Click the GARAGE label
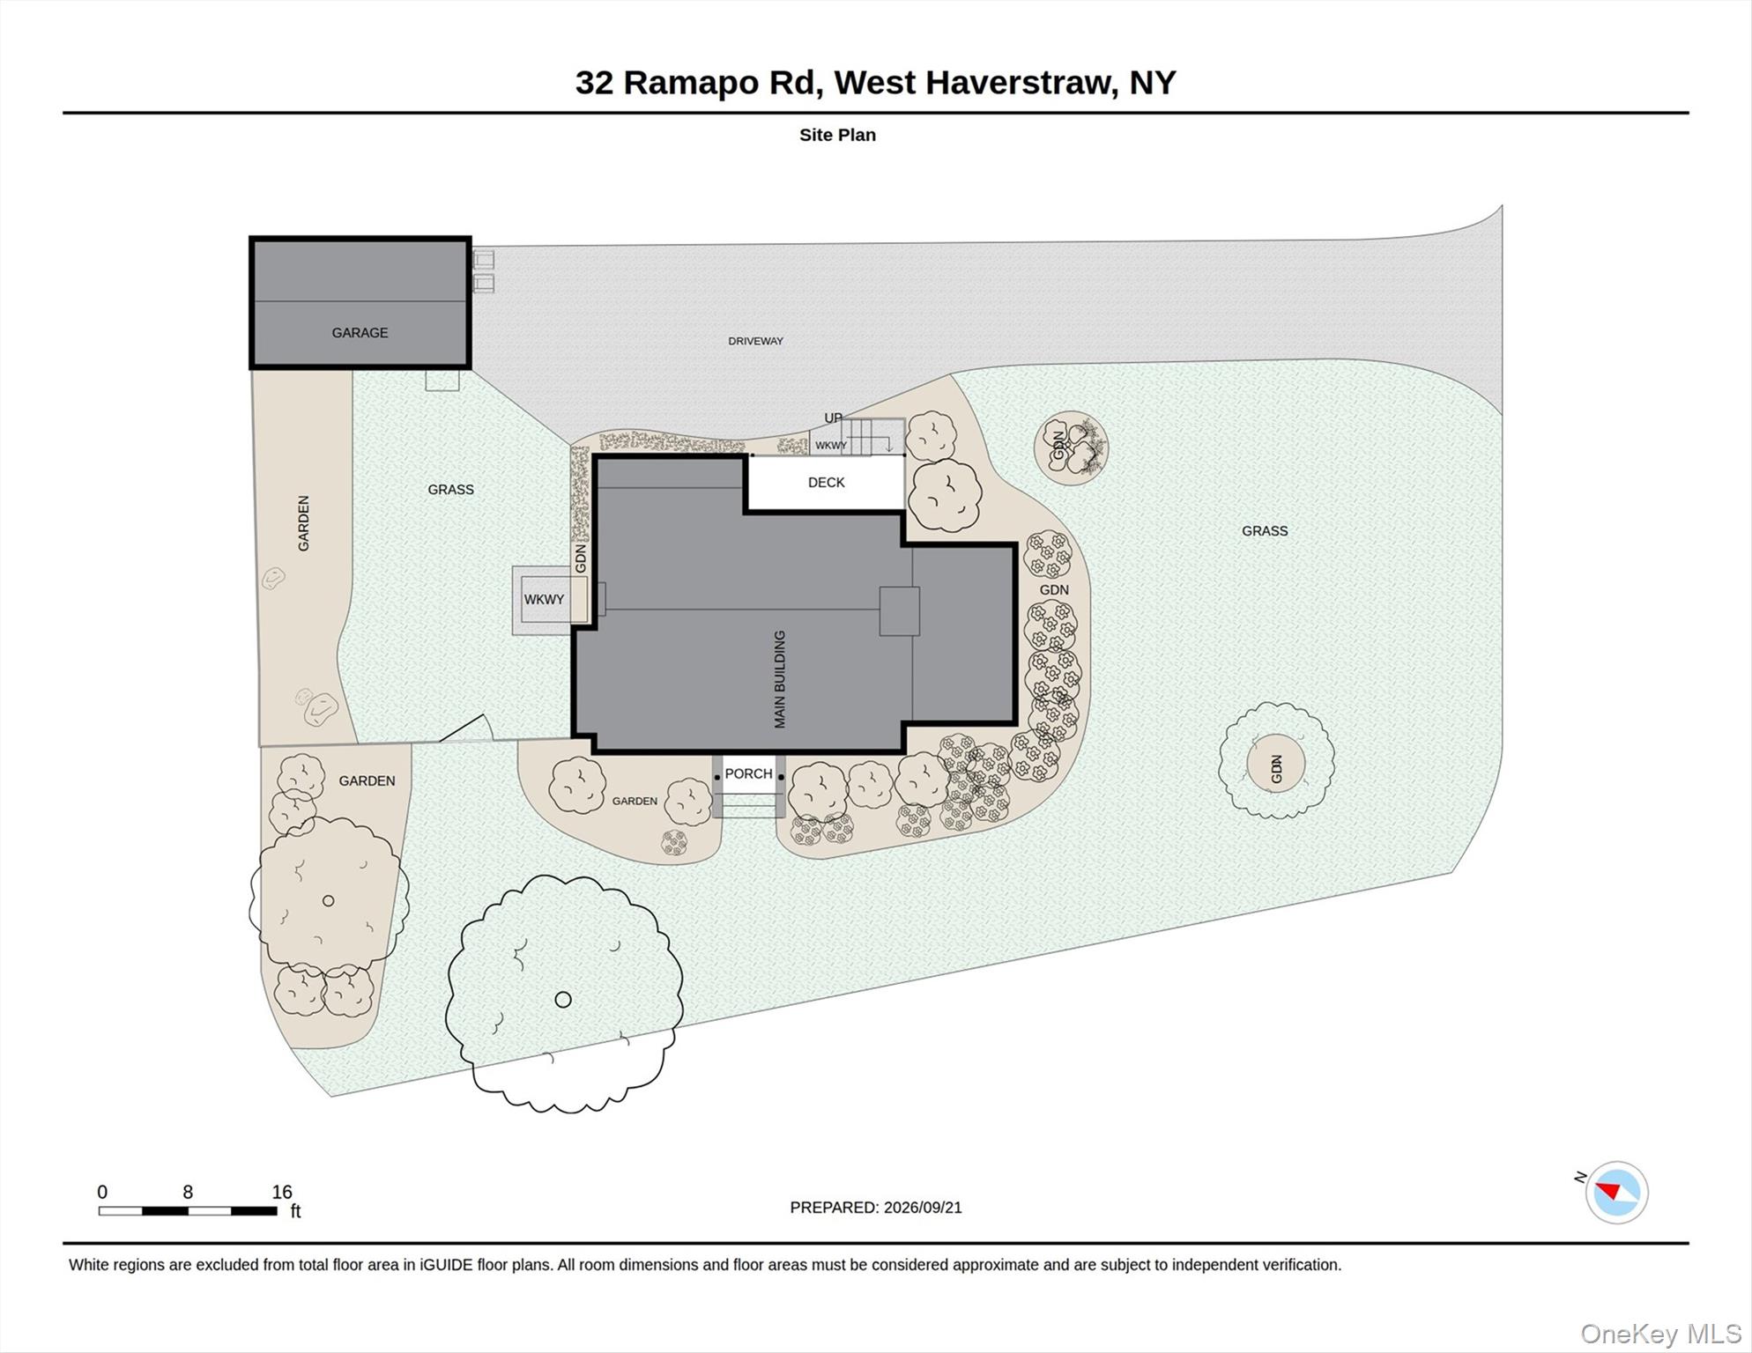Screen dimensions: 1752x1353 click(x=360, y=333)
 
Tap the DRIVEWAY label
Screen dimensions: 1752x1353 click(x=755, y=341)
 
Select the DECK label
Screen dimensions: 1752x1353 click(x=826, y=483)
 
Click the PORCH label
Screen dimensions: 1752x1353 click(x=748, y=773)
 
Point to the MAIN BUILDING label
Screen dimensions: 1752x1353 click(x=779, y=679)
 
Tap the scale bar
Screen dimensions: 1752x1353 click(x=188, y=1211)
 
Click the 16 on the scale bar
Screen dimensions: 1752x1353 click(x=282, y=1192)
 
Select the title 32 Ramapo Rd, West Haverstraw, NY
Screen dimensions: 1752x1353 click(x=875, y=82)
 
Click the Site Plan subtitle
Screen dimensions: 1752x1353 click(x=837, y=135)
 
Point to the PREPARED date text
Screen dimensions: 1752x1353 click(x=876, y=1208)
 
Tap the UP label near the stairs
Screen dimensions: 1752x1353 click(x=833, y=418)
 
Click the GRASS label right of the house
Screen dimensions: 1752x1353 click(x=1265, y=531)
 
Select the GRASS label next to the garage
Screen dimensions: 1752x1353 click(x=450, y=490)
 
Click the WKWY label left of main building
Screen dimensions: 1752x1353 click(x=544, y=600)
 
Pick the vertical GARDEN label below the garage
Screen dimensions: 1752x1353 click(x=303, y=523)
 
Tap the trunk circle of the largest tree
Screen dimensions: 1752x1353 click(x=563, y=999)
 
